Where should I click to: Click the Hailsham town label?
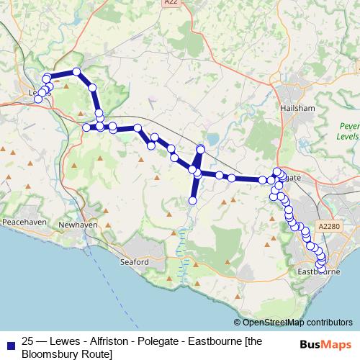tap(297, 107)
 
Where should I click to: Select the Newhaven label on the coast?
tap(77, 225)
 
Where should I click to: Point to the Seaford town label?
tap(133, 262)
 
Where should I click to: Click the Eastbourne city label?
tap(318, 272)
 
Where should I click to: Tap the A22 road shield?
tap(170, 3)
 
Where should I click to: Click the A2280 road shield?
tap(327, 226)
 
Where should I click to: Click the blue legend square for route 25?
tap(10, 343)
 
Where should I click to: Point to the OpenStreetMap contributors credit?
tap(292, 322)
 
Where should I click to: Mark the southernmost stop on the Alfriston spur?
tap(193, 200)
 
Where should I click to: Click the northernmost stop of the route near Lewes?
tap(76, 71)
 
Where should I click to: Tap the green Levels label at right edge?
tap(349, 136)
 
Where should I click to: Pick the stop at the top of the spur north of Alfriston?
tap(201, 149)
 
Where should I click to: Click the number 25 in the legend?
tap(29, 341)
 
